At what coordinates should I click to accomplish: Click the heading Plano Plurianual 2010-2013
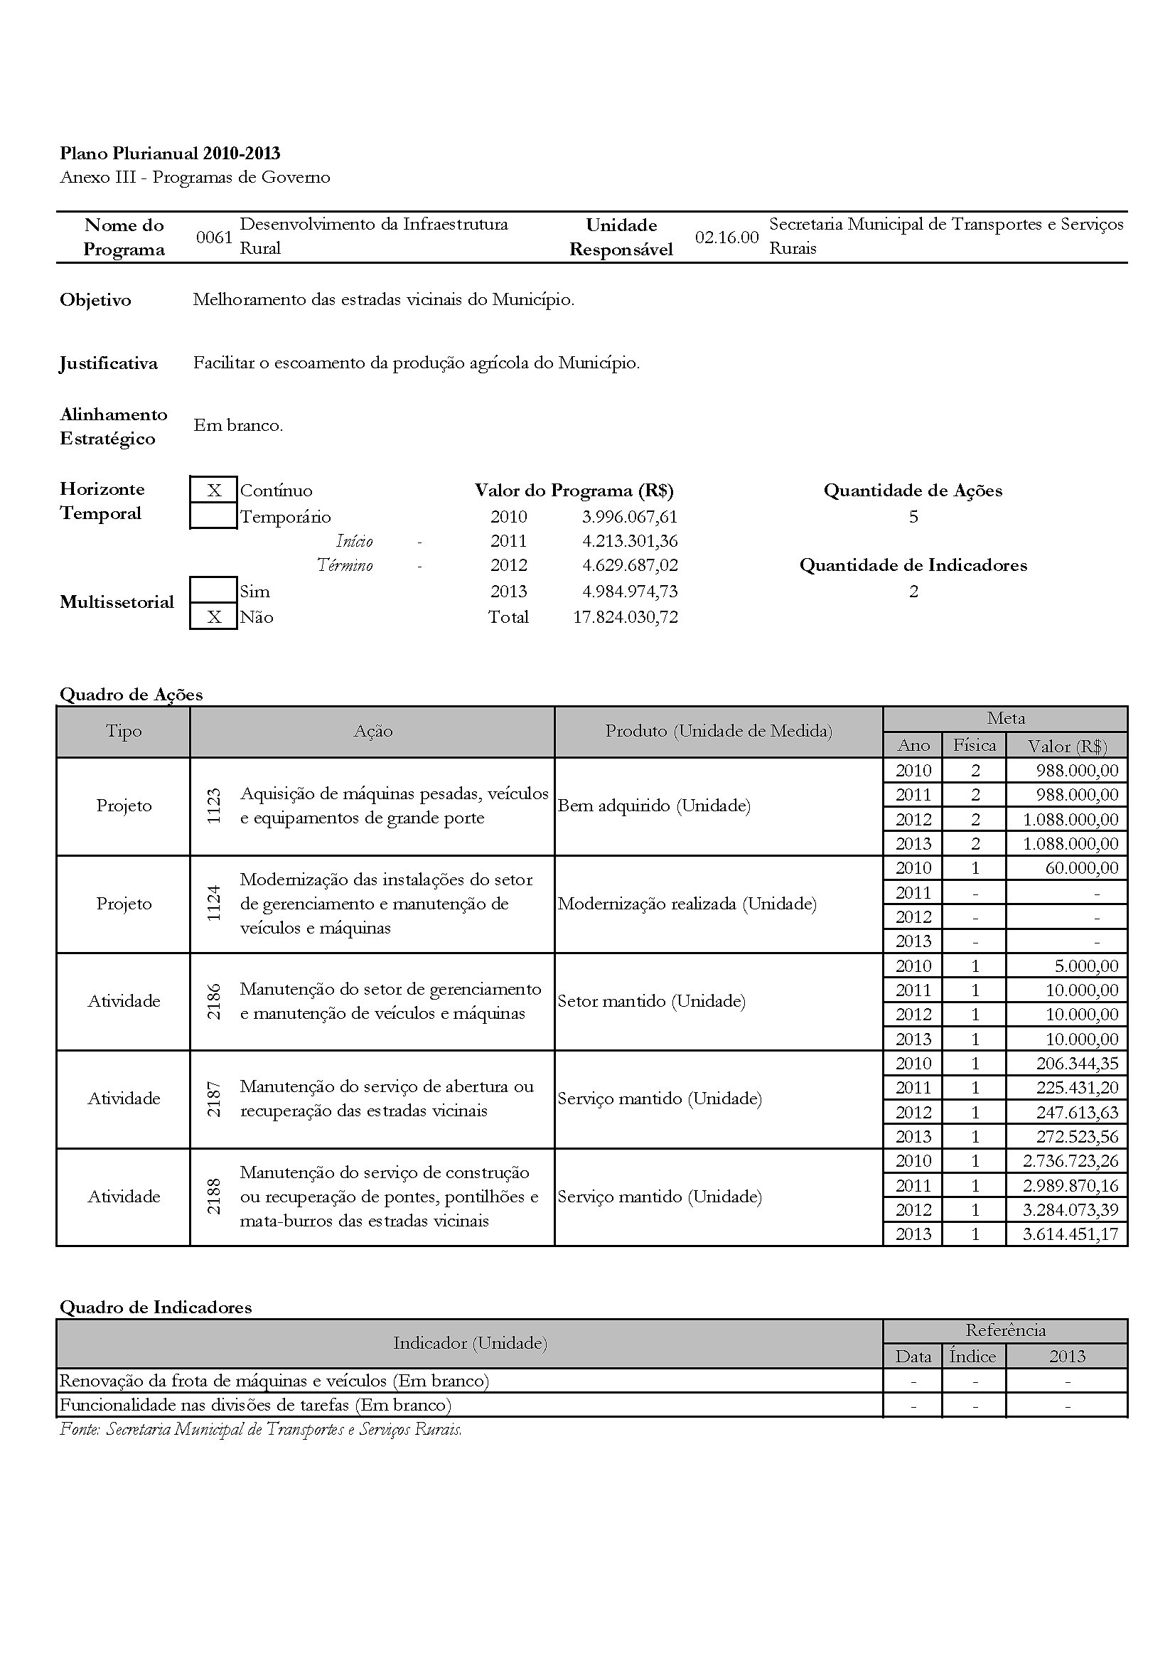pos(169,154)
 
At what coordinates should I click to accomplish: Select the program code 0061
pos(214,237)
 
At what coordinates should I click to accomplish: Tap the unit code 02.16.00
pos(726,237)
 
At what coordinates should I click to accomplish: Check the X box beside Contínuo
pos(213,491)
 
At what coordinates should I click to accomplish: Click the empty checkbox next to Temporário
pos(213,516)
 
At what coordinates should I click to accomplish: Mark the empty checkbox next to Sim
pos(213,590)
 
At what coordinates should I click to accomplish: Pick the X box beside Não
pos(213,616)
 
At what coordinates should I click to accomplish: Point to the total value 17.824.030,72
pos(625,617)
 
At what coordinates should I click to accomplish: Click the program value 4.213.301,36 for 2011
pos(629,541)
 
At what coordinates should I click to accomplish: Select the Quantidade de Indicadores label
pos(913,565)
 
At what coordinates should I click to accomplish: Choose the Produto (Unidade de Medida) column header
pos(718,731)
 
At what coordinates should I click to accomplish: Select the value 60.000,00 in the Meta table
pos(1082,867)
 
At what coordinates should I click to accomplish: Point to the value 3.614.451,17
pos(1070,1234)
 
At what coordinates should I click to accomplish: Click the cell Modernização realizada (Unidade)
pos(687,903)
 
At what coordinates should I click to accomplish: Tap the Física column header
pos(974,744)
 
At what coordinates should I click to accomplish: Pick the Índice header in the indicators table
pos(972,1356)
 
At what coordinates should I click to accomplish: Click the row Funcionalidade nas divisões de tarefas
pos(255,1405)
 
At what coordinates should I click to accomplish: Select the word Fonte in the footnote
pos(78,1429)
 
